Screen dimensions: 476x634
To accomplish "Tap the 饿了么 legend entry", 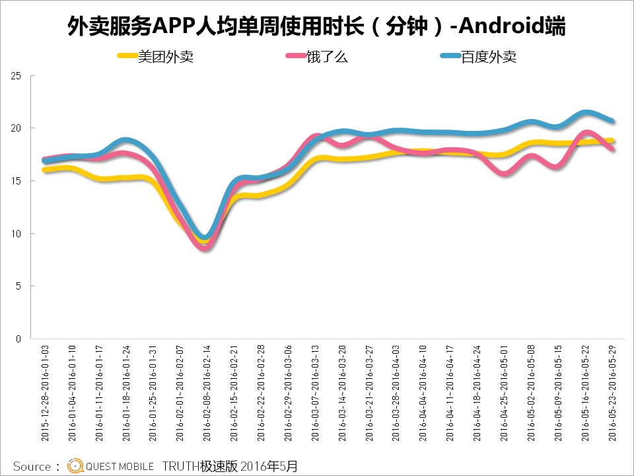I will (326, 57).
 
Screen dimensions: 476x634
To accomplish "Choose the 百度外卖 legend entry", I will (488, 57).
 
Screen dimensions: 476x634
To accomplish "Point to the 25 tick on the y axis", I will (17, 76).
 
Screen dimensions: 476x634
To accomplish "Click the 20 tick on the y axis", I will (17, 128).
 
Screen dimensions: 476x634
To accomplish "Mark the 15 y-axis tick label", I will (17, 181).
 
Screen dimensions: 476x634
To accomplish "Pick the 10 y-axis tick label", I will (17, 233).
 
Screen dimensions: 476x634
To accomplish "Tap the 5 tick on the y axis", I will (19, 286).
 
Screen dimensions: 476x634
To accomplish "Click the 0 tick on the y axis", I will (19, 338).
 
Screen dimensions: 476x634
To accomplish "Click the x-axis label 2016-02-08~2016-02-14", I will (207, 393).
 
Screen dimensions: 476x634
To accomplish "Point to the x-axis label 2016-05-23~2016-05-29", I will (611, 393).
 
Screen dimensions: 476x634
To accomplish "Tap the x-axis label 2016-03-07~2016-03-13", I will (315, 393).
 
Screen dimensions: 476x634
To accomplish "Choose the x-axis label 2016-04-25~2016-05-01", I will (504, 393).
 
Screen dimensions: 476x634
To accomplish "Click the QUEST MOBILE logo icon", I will (75, 465).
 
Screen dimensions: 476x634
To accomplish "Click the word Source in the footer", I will (32, 466).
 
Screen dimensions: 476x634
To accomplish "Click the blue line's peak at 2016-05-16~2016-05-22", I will (585, 112).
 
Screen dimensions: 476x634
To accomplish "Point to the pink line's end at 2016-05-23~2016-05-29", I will (612, 149).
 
